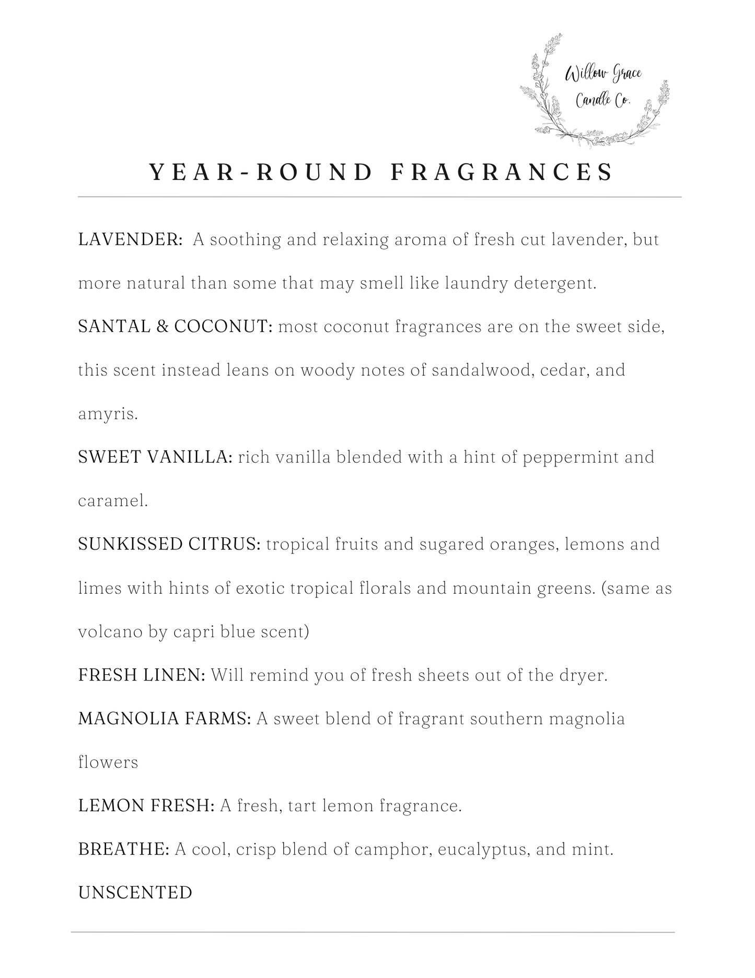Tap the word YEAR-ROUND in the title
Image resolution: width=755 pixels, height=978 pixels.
click(x=261, y=172)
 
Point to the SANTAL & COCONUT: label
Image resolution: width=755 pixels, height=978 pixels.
click(x=176, y=327)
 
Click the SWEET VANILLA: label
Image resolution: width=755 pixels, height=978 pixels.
click(x=155, y=457)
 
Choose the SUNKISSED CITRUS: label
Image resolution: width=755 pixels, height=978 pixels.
click(x=169, y=545)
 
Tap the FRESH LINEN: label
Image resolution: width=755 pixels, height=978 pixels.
click(x=142, y=675)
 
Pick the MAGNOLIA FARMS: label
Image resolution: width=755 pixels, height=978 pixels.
click(x=165, y=719)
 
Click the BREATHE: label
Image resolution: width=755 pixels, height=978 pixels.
click(x=124, y=849)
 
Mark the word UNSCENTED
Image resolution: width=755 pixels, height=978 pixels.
click(x=135, y=893)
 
